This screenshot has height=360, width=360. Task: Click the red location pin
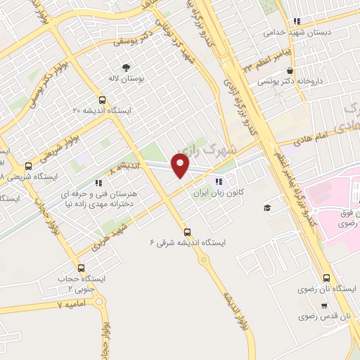(181, 165)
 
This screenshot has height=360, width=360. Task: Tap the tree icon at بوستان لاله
(127, 67)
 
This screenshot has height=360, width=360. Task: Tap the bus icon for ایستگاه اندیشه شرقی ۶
(187, 231)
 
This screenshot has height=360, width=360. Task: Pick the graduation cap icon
(267, 207)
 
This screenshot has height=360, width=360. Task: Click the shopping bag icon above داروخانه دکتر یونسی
(290, 70)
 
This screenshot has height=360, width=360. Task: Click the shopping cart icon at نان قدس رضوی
(323, 305)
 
